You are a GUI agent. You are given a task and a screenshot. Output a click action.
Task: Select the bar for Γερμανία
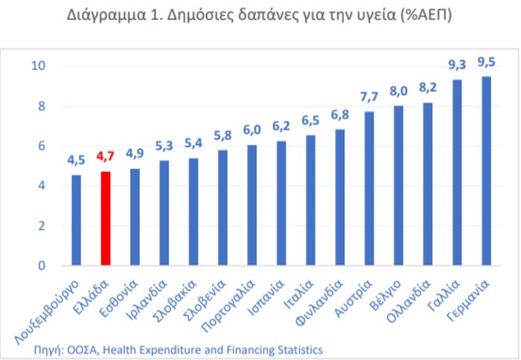[487, 170]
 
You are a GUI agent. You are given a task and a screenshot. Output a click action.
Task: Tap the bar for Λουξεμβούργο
[76, 220]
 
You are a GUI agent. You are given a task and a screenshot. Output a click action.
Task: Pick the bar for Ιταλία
[310, 200]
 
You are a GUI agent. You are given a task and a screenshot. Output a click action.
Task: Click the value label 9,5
[487, 62]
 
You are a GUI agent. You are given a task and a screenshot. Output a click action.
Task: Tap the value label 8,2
[428, 88]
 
